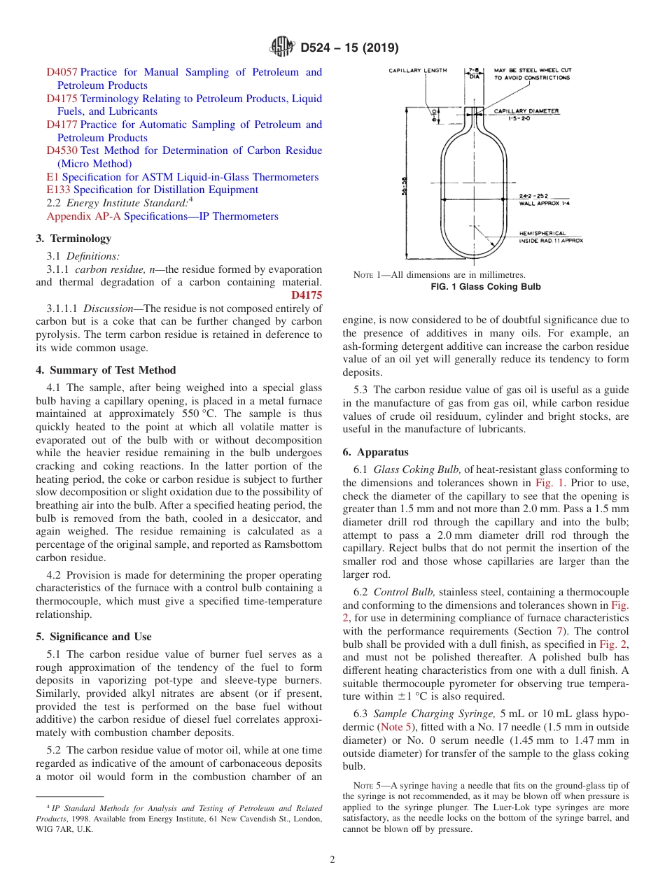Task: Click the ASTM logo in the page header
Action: point(282,48)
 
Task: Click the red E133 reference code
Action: point(58,190)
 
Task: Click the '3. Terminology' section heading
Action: point(73,239)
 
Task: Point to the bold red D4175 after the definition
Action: point(307,295)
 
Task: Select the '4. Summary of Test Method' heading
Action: point(106,370)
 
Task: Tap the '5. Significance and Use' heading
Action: point(94,637)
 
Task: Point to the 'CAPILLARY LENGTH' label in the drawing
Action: point(418,71)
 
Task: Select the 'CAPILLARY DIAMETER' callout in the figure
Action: point(526,111)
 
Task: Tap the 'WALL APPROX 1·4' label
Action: point(544,204)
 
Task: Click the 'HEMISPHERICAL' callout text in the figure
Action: point(542,234)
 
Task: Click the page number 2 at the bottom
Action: point(332,860)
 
